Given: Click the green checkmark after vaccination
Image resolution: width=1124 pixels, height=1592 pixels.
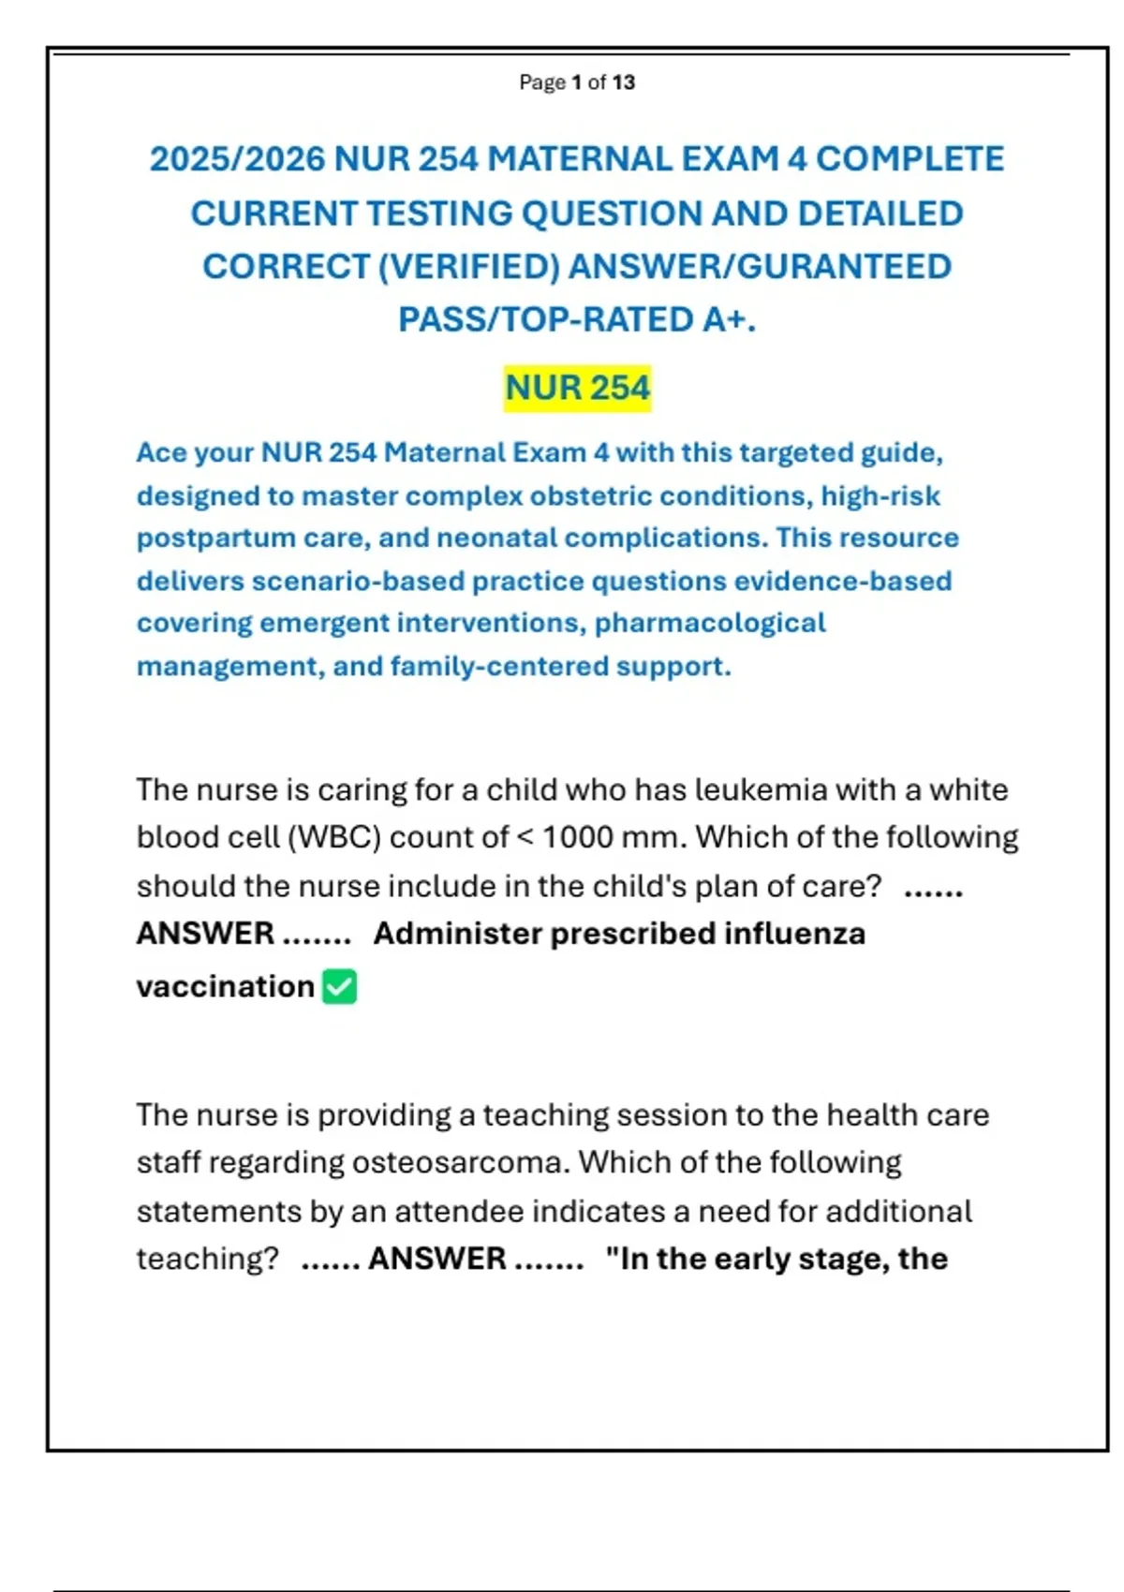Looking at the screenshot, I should (339, 987).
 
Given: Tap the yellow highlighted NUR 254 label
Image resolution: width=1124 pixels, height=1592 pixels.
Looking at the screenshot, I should (577, 388).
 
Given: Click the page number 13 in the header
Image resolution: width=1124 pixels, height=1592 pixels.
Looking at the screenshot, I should (624, 82).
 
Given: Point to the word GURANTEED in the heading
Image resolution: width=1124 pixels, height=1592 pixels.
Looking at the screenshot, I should (845, 267).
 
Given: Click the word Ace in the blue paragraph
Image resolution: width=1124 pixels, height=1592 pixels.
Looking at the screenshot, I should (161, 452).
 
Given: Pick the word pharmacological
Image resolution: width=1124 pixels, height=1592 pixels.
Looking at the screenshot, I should (710, 624).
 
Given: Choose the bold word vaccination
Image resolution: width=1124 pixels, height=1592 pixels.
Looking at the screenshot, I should (225, 986).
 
